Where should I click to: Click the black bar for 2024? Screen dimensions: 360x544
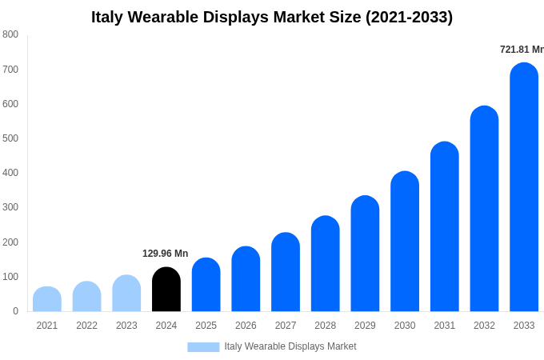[166, 290]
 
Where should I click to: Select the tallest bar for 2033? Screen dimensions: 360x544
[524, 187]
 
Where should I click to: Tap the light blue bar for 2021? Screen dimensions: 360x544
[47, 299]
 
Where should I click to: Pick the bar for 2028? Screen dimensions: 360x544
[326, 264]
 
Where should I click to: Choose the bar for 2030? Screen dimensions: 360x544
[405, 242]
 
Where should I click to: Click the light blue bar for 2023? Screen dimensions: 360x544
[126, 294]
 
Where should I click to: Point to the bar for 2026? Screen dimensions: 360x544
[246, 279]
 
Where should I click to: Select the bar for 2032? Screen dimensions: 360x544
[484, 209]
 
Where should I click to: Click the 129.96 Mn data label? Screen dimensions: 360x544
[166, 254]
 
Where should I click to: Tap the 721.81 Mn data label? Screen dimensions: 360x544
[521, 50]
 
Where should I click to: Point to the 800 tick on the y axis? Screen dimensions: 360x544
[10, 34]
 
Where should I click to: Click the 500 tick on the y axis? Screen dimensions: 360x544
[10, 138]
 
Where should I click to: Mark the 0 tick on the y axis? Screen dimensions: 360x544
[15, 311]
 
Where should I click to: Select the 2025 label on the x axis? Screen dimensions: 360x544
[206, 326]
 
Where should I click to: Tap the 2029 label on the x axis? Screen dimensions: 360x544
[365, 326]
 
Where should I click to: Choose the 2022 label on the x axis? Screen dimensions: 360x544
[86, 326]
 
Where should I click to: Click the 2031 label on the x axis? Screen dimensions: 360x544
[445, 326]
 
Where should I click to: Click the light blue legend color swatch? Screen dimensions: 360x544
[203, 346]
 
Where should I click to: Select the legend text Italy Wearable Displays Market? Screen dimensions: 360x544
[290, 346]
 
